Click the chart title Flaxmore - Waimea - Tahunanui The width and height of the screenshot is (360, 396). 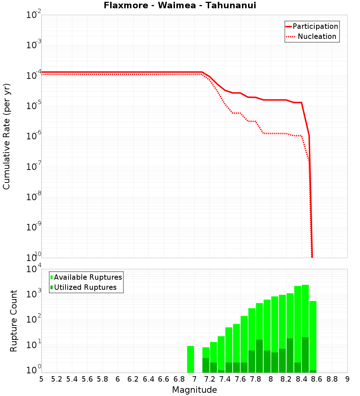coord(180,6)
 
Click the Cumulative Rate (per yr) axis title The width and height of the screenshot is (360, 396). coord(6,136)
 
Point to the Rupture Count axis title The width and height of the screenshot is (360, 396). coord(14,321)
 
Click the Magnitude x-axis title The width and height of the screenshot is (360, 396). coord(194,390)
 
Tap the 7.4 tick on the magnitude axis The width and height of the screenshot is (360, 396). coord(225,379)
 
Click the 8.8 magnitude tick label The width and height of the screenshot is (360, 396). coord(332,379)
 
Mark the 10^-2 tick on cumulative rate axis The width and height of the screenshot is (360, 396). coord(34,15)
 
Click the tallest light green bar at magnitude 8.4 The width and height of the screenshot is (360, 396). coord(305,310)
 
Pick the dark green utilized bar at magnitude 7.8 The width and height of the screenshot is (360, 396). coord(259,356)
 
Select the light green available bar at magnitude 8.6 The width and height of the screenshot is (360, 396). coord(313,335)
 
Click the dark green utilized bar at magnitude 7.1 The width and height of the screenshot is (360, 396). coord(206,365)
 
